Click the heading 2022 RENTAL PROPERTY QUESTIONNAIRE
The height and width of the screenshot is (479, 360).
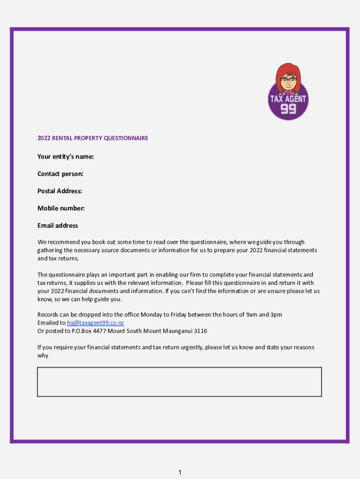[x=93, y=138]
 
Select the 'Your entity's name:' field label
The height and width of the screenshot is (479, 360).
[x=65, y=157]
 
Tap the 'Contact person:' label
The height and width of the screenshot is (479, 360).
[x=60, y=174]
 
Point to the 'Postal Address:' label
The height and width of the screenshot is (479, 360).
[x=60, y=191]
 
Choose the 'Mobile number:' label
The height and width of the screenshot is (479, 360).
[x=61, y=208]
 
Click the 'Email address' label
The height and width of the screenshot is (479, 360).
[x=58, y=225]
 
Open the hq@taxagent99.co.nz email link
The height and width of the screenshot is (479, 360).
[x=95, y=323]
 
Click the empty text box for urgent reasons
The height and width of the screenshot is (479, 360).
[x=179, y=382]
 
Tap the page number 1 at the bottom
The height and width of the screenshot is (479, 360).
[x=180, y=472]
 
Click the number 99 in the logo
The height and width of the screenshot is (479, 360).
[x=288, y=109]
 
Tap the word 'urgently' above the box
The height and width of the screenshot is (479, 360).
[x=189, y=348]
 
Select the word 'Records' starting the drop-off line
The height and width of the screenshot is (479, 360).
[x=47, y=315]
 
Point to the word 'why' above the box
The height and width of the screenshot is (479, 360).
[x=43, y=356]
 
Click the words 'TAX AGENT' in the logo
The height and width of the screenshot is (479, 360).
[x=288, y=99]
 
